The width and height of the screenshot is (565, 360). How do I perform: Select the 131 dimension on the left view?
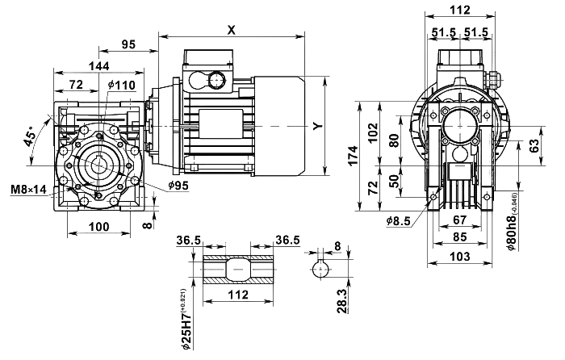click(98, 65)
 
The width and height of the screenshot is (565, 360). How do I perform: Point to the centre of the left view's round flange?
click(98, 163)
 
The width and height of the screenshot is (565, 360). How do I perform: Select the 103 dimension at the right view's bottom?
click(460, 257)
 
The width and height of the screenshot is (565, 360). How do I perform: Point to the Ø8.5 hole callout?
click(399, 218)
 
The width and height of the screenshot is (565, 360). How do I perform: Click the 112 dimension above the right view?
click(460, 10)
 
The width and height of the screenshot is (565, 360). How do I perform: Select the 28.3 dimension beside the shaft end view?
click(342, 300)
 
